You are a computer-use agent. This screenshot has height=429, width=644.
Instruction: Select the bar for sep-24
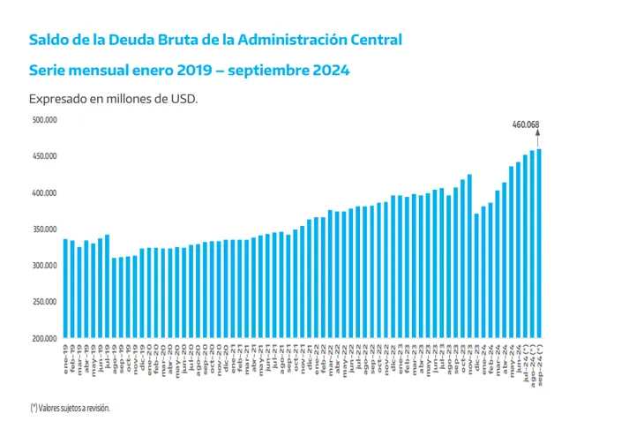coord(539,243)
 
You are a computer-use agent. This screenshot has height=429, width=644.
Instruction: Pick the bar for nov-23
coord(469,256)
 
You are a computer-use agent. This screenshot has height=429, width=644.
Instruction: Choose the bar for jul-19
coord(107,286)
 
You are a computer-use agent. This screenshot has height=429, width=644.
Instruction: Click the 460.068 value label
coord(526,125)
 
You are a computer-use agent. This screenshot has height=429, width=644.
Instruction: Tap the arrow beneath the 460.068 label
coord(539,138)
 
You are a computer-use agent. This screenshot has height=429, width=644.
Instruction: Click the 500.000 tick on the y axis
coord(45,119)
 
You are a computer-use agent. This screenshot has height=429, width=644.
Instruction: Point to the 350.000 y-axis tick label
coord(45,230)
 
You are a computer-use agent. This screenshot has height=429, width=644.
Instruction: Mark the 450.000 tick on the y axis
coord(45,156)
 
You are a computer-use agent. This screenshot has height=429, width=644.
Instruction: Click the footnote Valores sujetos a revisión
coord(75,407)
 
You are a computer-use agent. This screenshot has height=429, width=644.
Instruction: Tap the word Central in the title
coord(371,40)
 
